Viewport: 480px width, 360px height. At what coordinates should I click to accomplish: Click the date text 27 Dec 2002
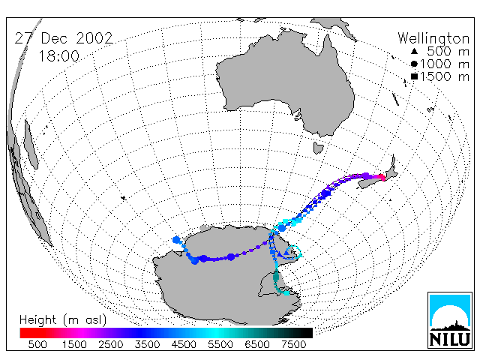[64, 38]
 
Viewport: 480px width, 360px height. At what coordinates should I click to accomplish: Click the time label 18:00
[59, 56]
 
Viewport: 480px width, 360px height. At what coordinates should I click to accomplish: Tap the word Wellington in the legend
[433, 39]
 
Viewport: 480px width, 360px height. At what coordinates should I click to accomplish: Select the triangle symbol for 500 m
[414, 51]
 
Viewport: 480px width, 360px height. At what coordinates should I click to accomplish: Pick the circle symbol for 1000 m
[414, 64]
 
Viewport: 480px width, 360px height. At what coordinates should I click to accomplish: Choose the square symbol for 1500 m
[414, 76]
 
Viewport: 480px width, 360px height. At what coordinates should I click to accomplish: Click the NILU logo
[450, 320]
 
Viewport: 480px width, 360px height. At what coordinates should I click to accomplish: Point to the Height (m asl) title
[63, 320]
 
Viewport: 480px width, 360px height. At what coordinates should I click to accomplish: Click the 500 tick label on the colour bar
[37, 344]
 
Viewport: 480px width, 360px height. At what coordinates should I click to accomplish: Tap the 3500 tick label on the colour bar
[147, 344]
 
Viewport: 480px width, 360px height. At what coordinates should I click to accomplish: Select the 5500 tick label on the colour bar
[220, 344]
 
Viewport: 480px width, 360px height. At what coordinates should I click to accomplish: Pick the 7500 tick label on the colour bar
[293, 344]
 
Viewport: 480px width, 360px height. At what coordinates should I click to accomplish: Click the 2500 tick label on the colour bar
[111, 344]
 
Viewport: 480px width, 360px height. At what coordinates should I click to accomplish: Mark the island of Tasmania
[318, 148]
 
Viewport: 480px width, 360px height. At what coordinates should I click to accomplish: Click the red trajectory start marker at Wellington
[382, 177]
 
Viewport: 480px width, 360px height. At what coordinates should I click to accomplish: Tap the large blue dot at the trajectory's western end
[176, 240]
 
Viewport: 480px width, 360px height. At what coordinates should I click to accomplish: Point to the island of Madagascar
[31, 144]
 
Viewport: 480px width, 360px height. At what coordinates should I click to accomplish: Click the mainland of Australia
[285, 82]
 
